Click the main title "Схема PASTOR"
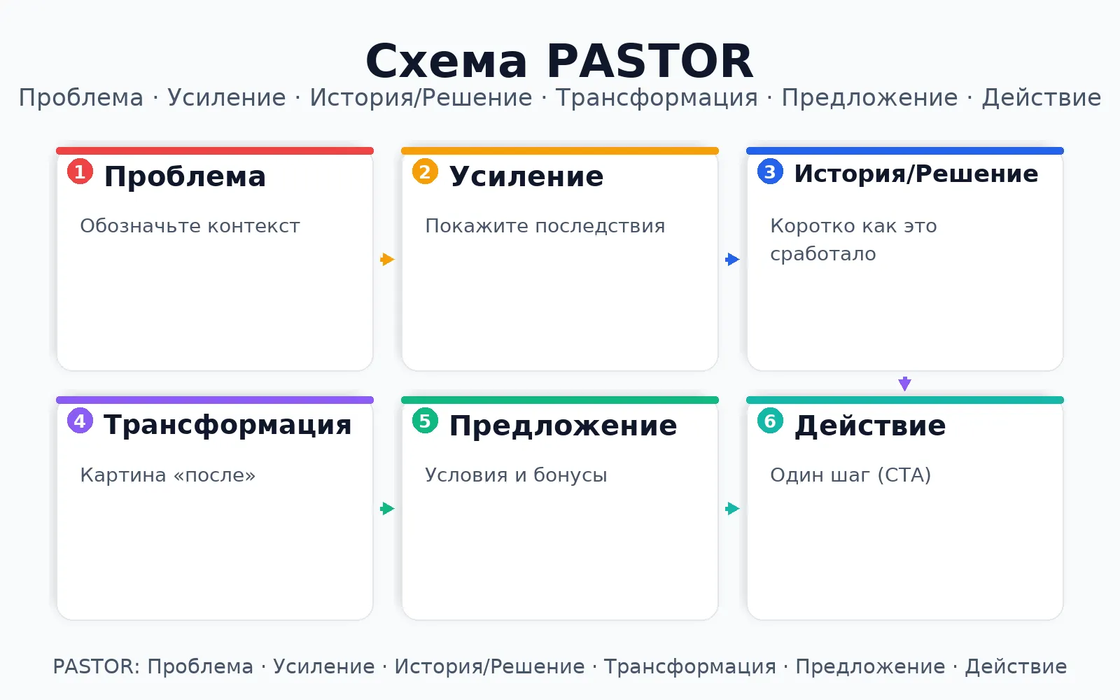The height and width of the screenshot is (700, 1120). point(559,61)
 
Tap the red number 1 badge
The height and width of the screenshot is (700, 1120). point(80,171)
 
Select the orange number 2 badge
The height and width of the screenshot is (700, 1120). point(425,171)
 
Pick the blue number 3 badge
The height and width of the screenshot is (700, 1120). point(770,171)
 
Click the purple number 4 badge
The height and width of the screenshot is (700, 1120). point(80,421)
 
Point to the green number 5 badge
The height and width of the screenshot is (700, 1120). point(425,421)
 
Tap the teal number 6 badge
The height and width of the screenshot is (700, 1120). point(770,421)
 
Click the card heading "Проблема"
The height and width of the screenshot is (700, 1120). point(185,176)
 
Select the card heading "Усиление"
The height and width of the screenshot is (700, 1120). point(526,176)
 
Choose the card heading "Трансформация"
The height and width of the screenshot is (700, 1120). point(227,426)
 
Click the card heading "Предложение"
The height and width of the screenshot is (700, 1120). point(563,426)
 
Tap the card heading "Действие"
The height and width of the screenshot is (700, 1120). point(870,426)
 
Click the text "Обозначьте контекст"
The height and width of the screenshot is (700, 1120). point(190,226)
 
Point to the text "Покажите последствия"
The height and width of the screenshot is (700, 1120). point(545,226)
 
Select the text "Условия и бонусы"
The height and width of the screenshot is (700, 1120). point(516,475)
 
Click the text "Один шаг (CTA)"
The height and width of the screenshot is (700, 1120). point(850,475)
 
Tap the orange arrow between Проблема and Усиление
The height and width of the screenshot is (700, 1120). point(388,259)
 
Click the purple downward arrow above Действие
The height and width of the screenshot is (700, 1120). point(904,384)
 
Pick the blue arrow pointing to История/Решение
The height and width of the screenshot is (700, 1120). point(732,259)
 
